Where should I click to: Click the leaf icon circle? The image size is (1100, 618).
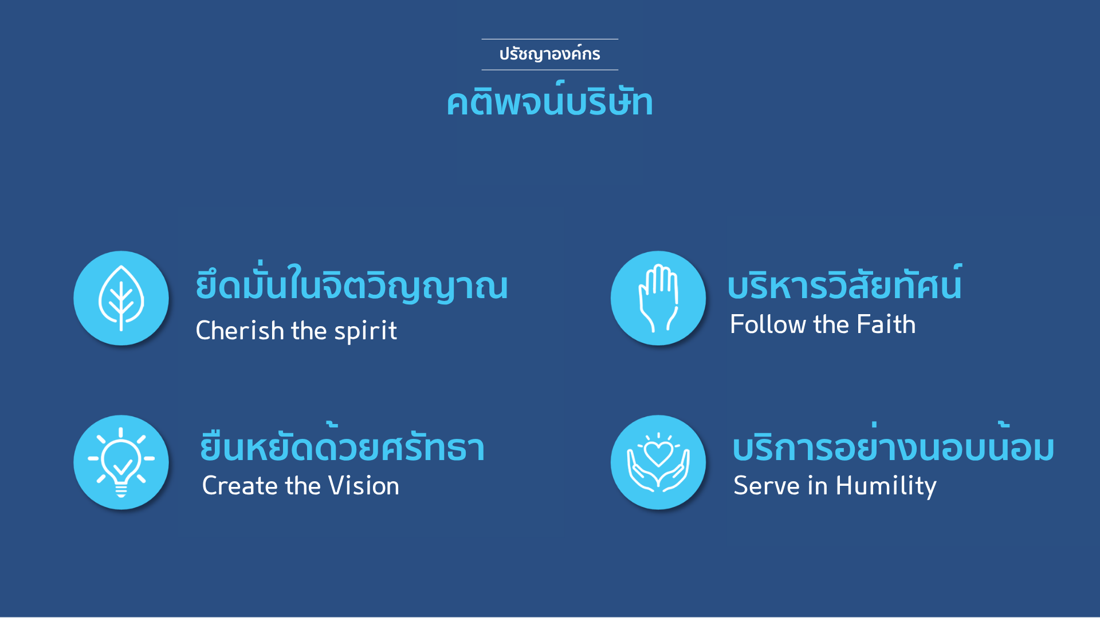(x=121, y=298)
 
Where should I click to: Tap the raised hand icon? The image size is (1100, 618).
(x=658, y=298)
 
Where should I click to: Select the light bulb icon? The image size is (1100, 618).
(x=121, y=462)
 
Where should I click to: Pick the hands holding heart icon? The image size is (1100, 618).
(x=658, y=462)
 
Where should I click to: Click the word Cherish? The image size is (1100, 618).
(x=240, y=330)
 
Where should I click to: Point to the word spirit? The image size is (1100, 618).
(x=366, y=331)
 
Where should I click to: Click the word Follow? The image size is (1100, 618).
(x=768, y=324)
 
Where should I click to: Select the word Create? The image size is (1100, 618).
(x=241, y=486)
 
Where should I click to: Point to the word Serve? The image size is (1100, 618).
(x=767, y=486)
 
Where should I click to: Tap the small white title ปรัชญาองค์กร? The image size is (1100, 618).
(x=550, y=54)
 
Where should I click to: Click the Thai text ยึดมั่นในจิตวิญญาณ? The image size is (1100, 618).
(x=352, y=283)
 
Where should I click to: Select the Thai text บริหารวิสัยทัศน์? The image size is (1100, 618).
(x=845, y=283)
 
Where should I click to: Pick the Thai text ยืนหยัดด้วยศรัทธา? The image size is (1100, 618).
(x=343, y=443)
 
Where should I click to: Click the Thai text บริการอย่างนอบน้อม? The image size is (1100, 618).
(x=894, y=443)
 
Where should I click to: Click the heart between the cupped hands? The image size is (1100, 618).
(x=658, y=454)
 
